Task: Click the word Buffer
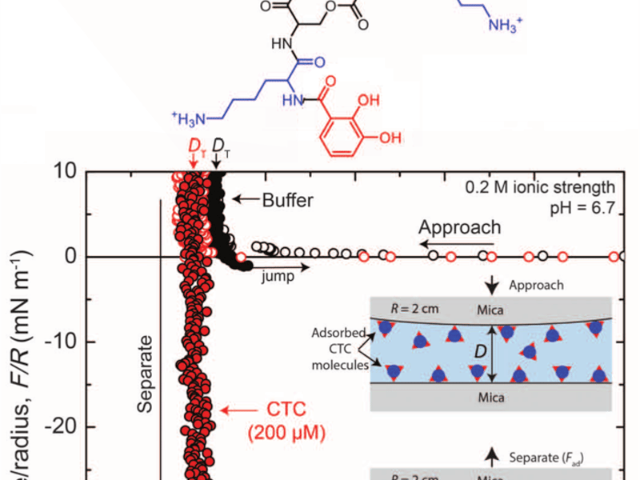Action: click(x=288, y=200)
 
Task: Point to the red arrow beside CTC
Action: click(x=235, y=410)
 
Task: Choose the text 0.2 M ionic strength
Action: click(x=540, y=188)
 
